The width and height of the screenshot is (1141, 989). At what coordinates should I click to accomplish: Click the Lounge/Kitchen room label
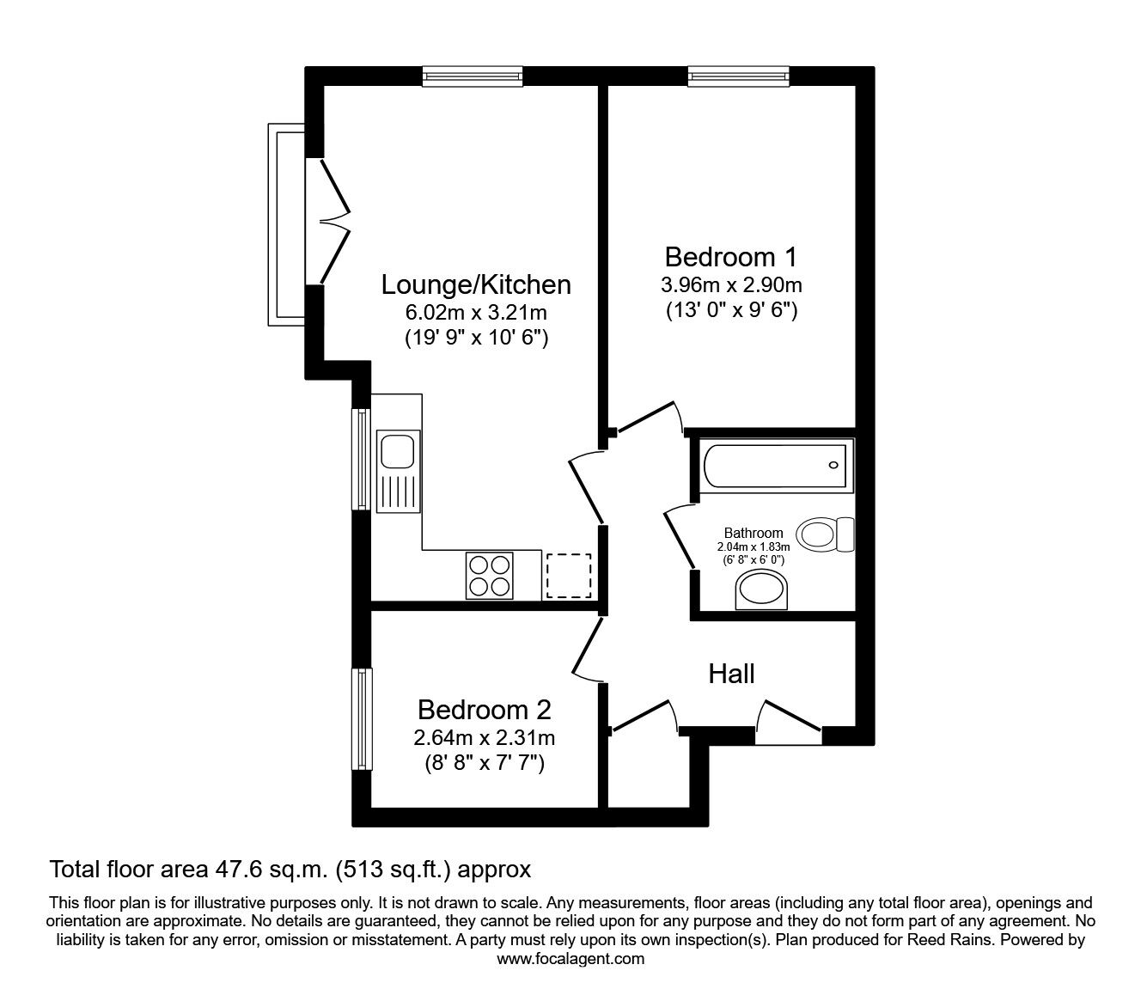pos(476,284)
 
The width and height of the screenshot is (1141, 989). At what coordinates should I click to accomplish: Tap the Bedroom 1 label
pos(731,257)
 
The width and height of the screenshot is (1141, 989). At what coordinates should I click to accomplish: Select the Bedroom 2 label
pos(484,710)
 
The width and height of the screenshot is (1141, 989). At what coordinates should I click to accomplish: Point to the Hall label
pos(731,674)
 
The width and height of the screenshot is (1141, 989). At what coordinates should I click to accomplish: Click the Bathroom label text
pos(753,533)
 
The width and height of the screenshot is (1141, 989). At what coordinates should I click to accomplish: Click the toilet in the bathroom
pos(826,534)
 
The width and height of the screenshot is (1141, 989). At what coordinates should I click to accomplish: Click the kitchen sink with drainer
pos(397,471)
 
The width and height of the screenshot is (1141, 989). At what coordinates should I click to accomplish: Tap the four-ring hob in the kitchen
pos(489,575)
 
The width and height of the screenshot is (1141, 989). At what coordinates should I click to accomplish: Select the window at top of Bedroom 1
pos(738,77)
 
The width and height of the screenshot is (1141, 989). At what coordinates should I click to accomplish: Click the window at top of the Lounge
pos(473,77)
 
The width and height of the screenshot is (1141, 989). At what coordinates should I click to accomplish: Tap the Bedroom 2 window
pos(363,718)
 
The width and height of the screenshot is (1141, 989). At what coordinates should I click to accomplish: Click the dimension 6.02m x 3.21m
pos(476,312)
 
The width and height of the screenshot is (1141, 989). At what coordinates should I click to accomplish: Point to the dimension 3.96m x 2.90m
pos(731,284)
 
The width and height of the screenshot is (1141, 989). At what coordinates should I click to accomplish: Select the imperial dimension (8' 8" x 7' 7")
pos(484,762)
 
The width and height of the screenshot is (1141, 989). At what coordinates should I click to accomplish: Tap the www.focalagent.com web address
pos(570,958)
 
